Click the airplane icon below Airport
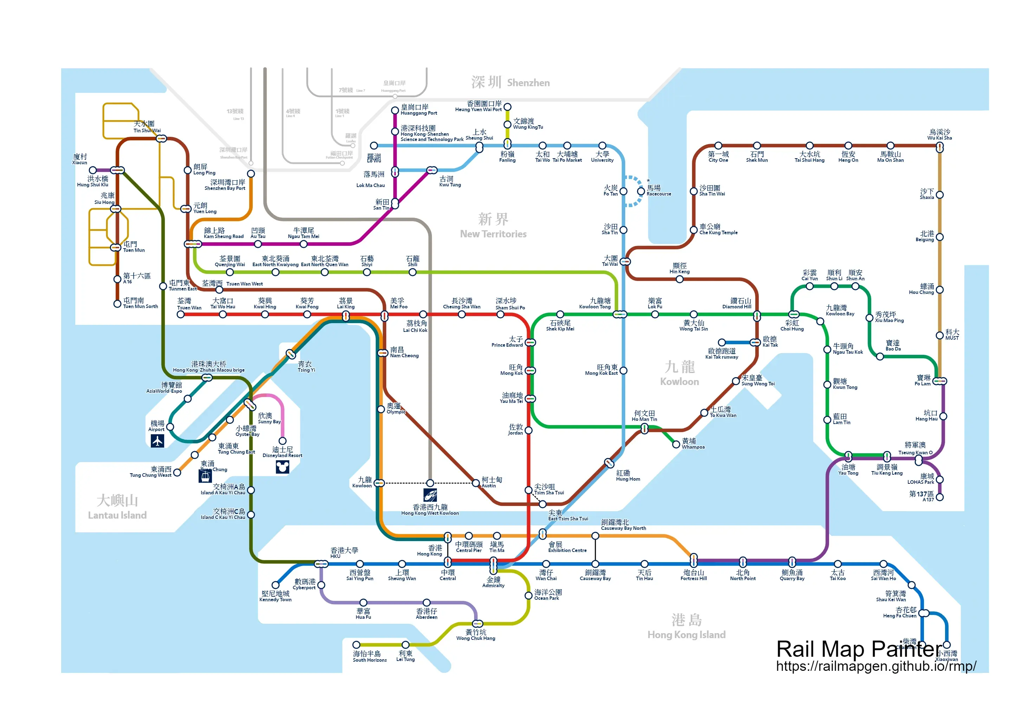click(157, 441)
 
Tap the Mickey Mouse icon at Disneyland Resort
click(282, 467)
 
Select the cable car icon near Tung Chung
click(205, 476)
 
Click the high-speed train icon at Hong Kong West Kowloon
click(430, 495)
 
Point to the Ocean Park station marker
click(529, 596)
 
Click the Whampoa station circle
click(676, 444)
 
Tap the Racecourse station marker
click(641, 191)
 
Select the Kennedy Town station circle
click(276, 585)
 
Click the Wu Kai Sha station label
click(939, 134)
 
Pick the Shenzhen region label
click(510, 83)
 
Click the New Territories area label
click(493, 226)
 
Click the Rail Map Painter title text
click(859, 649)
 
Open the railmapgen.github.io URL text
click(876, 666)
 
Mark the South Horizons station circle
click(356, 645)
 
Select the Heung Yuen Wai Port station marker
click(507, 107)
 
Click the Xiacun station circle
click(93, 170)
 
